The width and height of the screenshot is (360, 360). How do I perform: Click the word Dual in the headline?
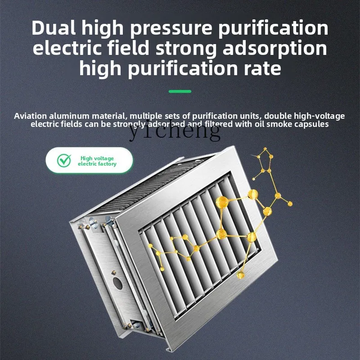55,28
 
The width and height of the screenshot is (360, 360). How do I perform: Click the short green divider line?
180,91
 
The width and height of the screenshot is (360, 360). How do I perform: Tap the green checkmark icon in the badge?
64,161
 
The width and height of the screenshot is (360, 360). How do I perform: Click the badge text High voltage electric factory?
97,161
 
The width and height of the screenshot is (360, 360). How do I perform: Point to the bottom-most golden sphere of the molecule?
241,274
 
